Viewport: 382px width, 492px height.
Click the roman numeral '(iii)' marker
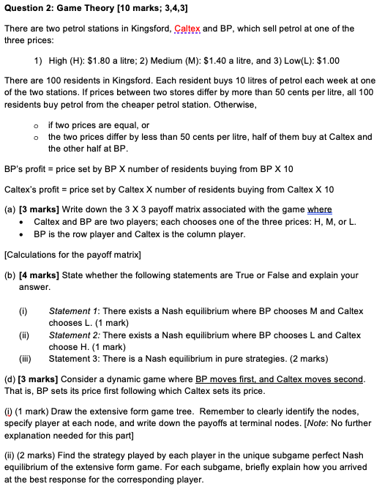pos(26,358)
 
